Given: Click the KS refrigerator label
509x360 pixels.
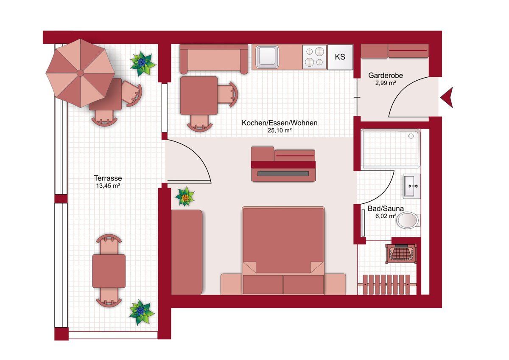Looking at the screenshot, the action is tap(340, 57).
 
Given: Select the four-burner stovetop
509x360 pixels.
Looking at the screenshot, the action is tap(314, 57).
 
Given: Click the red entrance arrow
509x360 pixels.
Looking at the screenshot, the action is tap(447, 97).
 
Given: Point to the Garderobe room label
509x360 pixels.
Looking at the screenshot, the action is tap(386, 75).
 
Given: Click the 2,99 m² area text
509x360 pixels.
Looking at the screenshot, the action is tap(386, 83).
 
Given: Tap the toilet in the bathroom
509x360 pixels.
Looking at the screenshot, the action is tap(408, 220).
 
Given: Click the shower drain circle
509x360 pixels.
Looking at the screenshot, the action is tap(411, 136).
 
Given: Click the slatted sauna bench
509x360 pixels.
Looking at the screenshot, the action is tap(387, 284).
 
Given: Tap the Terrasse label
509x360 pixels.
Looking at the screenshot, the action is tap(108, 178).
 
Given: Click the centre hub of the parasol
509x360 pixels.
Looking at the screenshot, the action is tap(80, 73).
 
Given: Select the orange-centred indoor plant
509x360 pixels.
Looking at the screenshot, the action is tap(185, 197).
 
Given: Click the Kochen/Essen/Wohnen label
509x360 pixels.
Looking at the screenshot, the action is tap(280, 123).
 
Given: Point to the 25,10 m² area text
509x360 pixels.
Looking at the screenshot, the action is tap(280, 130).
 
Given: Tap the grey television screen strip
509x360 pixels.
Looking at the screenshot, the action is tap(283, 174).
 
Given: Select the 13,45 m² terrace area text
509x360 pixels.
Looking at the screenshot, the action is tap(108, 186).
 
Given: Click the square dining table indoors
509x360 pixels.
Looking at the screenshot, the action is tap(199, 96).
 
